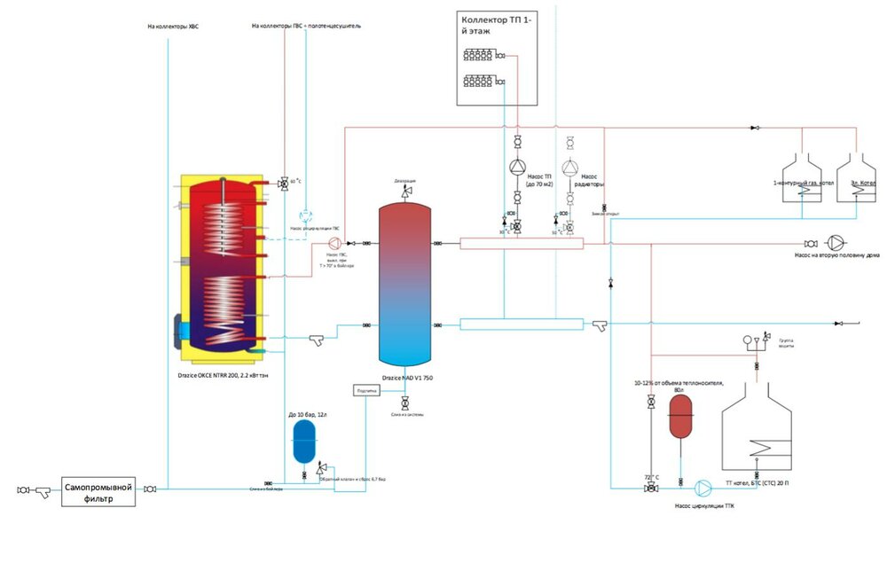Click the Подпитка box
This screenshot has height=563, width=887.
point(365,390)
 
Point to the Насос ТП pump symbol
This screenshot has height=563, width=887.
point(517,168)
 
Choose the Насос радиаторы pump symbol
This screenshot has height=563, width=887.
point(570,168)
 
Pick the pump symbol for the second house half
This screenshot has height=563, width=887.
point(836,243)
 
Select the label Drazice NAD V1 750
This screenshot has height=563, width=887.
point(407,378)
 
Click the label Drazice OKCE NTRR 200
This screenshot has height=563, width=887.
point(226,376)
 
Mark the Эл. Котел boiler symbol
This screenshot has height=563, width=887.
point(856,174)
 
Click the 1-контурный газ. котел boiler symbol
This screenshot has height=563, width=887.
point(802,174)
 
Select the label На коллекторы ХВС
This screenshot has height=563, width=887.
point(174,27)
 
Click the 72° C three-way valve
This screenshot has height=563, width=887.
point(652,488)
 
